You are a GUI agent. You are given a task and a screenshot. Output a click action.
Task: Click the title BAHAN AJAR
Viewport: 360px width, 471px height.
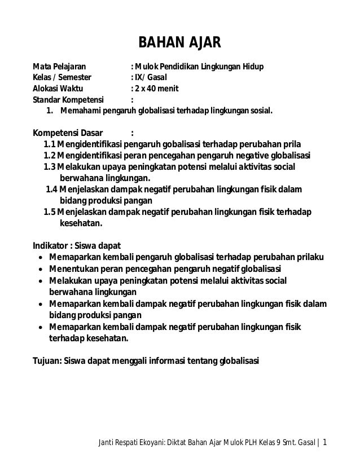(x=180, y=43)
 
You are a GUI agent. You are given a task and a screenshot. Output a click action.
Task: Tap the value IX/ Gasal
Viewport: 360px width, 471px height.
(x=148, y=78)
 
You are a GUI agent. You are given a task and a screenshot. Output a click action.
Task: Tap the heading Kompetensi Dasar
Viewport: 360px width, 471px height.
(x=67, y=133)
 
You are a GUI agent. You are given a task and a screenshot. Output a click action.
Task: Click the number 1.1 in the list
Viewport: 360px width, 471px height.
(x=49, y=145)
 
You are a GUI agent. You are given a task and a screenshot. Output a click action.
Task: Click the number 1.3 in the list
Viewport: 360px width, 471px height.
(x=49, y=168)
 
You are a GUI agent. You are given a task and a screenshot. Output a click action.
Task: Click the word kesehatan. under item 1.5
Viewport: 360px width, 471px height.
(x=80, y=223)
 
